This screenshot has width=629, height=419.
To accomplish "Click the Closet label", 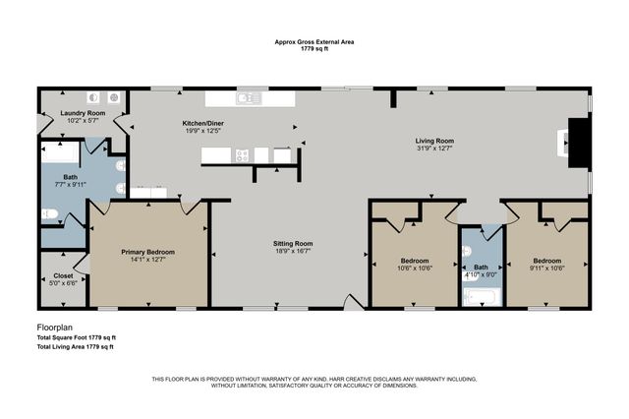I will (x=61, y=277).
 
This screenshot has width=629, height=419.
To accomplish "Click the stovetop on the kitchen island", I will (x=242, y=154).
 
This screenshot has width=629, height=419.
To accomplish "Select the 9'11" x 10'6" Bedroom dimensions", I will (x=546, y=268).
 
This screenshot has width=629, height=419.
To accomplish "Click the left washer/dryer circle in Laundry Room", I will (x=93, y=97).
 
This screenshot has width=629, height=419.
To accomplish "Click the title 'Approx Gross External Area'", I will (x=314, y=42).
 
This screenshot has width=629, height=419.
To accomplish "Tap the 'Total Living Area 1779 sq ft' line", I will (x=75, y=346).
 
